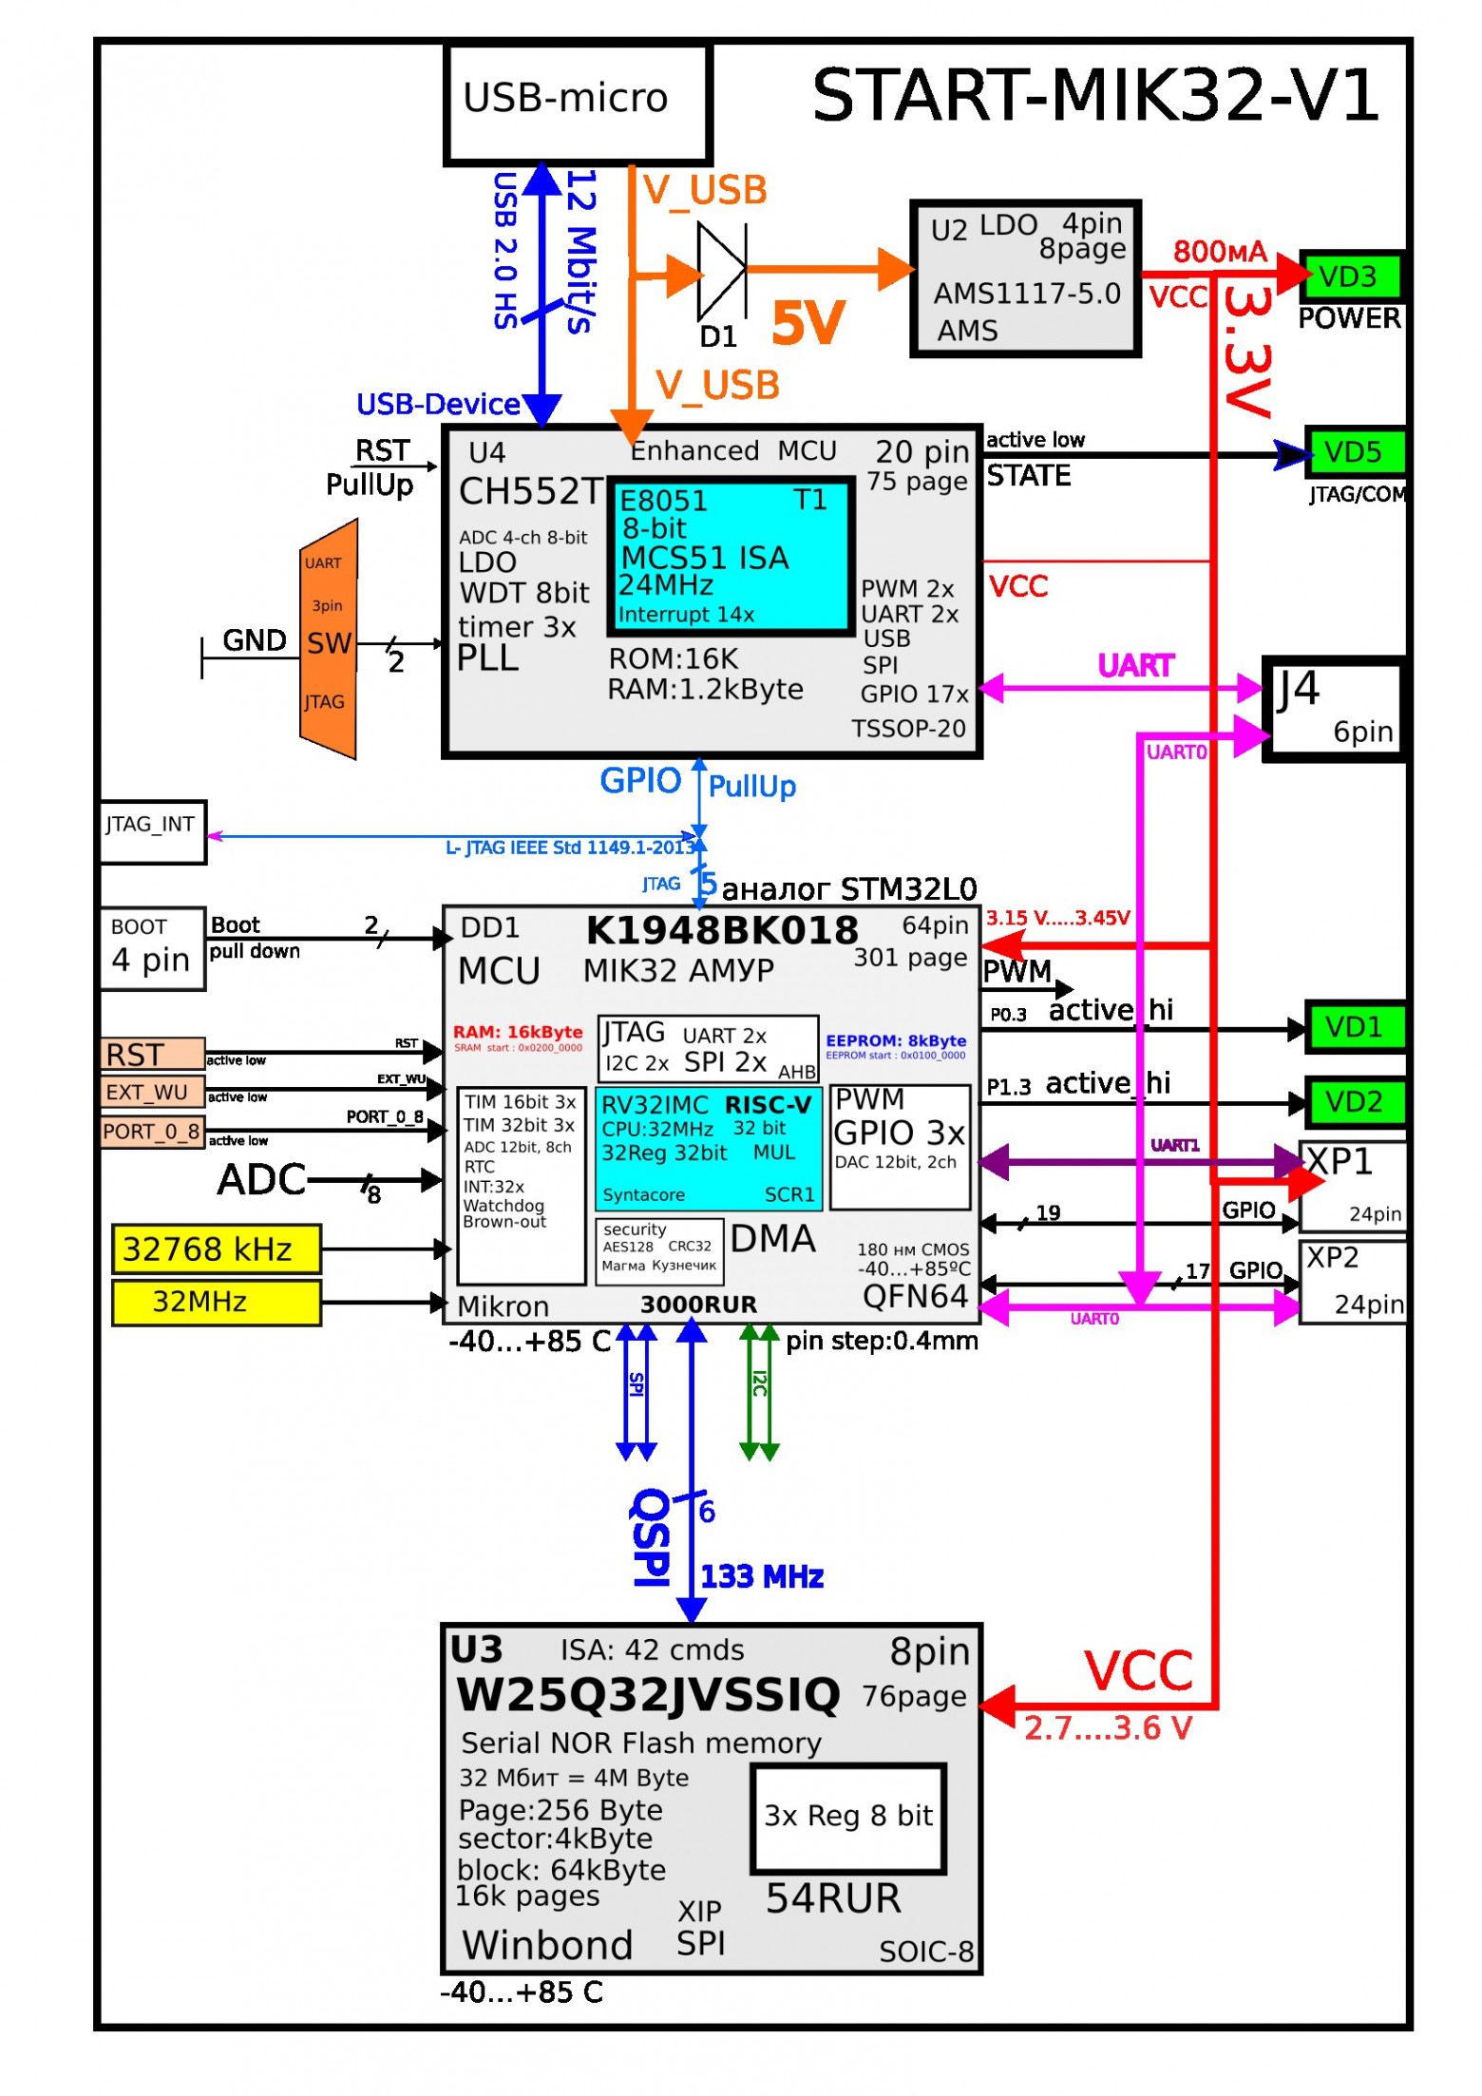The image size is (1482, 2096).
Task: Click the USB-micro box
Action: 577,104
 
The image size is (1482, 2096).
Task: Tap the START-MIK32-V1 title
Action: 1094,96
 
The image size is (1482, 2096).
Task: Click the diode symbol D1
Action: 721,271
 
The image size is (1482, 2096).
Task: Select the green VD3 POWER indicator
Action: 1351,277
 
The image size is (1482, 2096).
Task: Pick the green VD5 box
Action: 1354,452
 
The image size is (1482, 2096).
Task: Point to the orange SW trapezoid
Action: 329,639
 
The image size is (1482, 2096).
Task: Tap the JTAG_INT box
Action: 152,832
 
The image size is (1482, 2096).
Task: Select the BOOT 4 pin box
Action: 152,948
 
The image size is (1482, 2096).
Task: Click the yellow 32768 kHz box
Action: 216,1248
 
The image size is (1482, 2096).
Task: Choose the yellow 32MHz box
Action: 216,1302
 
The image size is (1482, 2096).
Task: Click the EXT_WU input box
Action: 152,1092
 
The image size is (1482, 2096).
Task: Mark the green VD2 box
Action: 1354,1102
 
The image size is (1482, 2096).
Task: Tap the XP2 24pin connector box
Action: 1352,1281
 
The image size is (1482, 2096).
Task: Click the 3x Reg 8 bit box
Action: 848,1818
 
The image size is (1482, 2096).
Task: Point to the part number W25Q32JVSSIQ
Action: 648,1695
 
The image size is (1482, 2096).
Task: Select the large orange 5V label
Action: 807,322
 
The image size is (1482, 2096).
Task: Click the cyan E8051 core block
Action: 730,556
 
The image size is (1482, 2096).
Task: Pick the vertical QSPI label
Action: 652,1536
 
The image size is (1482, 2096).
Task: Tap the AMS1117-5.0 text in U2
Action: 1027,294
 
